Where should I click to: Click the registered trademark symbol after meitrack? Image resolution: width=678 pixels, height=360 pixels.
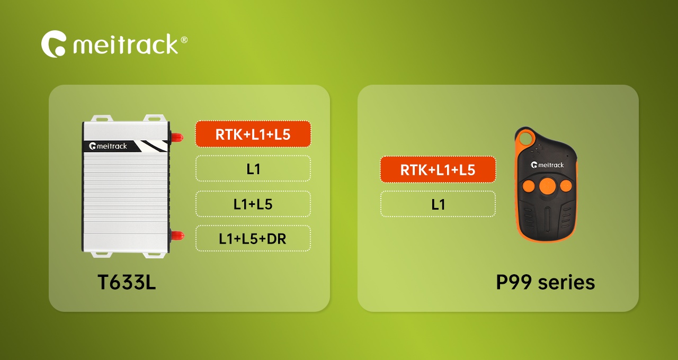184,40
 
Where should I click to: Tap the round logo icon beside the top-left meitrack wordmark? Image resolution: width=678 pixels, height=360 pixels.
53,44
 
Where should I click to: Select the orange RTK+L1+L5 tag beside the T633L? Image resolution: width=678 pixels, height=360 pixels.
253,134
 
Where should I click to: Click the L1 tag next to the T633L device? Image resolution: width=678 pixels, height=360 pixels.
253,169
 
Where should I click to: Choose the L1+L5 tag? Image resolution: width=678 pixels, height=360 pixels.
253,204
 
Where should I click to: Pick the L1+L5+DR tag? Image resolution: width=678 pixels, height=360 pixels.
253,238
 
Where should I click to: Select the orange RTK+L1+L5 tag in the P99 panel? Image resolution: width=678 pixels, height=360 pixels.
438,169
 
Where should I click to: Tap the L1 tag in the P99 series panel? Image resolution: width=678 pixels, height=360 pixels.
438,204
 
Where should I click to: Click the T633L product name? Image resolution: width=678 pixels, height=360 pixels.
127,282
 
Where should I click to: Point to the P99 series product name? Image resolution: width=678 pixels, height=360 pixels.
546,282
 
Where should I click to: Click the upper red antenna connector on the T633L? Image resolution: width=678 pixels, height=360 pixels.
177,137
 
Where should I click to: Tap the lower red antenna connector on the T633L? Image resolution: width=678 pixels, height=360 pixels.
177,236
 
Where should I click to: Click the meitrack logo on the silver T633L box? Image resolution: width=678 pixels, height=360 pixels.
108,146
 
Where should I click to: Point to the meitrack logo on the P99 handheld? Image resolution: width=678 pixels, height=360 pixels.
547,165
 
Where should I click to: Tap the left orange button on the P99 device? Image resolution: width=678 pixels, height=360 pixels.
529,185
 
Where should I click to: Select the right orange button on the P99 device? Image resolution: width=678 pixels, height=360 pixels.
565,185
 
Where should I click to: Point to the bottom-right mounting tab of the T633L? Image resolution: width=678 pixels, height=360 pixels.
154,255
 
